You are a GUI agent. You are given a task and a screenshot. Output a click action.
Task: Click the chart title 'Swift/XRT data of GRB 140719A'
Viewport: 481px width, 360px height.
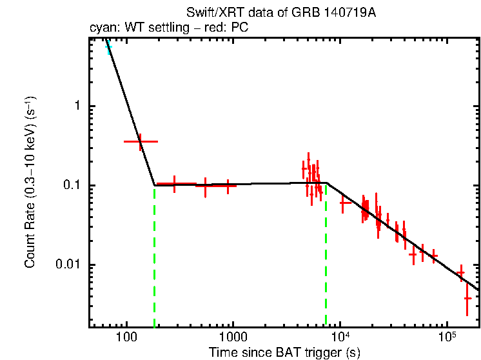tap(280, 14)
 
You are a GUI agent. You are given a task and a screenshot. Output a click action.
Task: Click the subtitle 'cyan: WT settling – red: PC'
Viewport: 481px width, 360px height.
tap(169, 28)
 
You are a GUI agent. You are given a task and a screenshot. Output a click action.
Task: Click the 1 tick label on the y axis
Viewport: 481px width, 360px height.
tap(77, 106)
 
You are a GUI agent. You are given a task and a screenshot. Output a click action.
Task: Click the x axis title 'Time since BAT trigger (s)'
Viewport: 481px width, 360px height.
tap(284, 352)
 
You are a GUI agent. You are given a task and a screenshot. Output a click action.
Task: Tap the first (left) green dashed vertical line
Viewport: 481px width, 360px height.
tap(155, 258)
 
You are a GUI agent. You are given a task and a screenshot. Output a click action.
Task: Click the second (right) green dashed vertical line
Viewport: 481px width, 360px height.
tap(326, 258)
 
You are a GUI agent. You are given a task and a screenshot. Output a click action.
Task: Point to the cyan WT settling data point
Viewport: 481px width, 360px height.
tap(108, 47)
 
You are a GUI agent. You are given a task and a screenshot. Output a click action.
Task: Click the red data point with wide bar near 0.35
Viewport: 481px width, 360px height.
tap(140, 141)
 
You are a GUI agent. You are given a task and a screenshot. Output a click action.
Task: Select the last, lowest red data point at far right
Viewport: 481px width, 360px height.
tap(467, 297)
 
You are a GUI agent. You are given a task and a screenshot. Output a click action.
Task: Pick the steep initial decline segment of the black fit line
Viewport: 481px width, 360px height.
tap(132, 116)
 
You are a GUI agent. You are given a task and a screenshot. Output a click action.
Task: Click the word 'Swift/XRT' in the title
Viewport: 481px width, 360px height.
tap(208, 14)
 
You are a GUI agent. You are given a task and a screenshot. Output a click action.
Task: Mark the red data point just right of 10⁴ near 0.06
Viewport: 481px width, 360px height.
tap(345, 203)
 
